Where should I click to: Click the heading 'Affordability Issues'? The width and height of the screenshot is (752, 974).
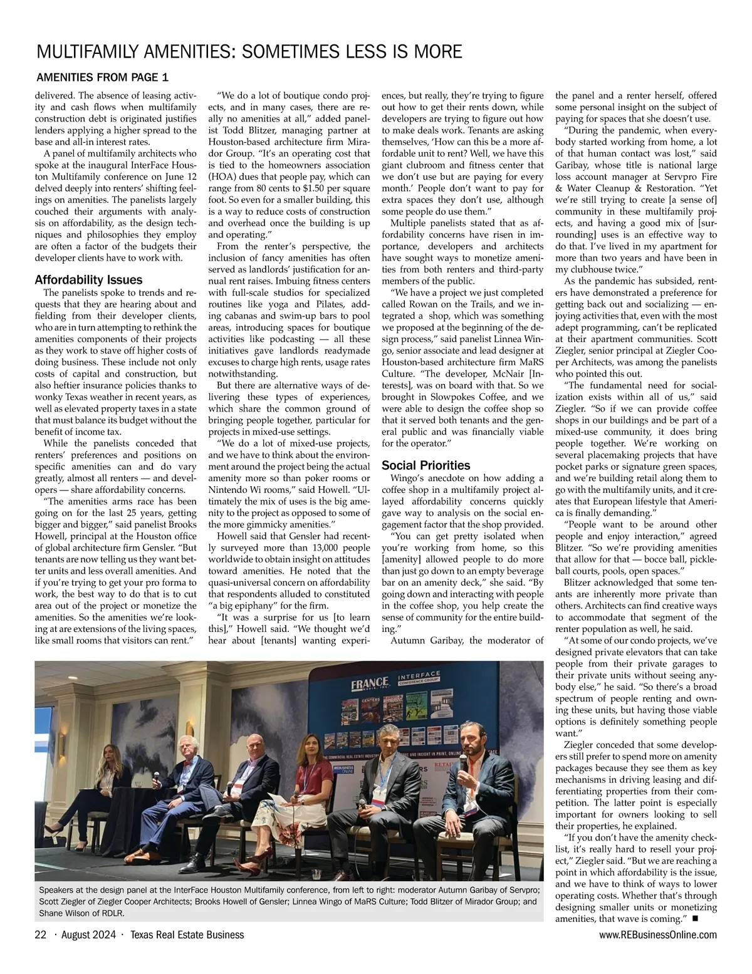tap(89, 280)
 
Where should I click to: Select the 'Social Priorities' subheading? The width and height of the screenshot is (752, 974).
tap(426, 465)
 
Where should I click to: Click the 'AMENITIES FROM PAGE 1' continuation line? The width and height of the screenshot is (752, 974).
tap(103, 78)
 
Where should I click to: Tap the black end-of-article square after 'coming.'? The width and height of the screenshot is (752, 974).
tap(695, 919)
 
